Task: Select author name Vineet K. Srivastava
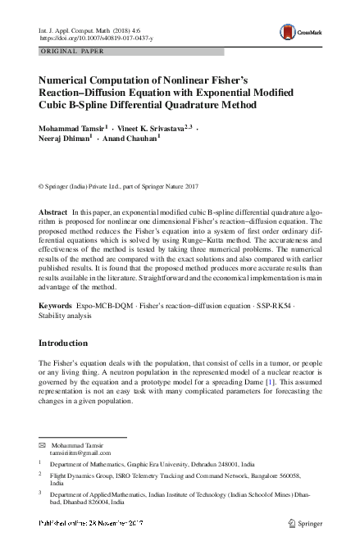point(157,129)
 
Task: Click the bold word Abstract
point(53,212)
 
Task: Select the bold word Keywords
point(56,305)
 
